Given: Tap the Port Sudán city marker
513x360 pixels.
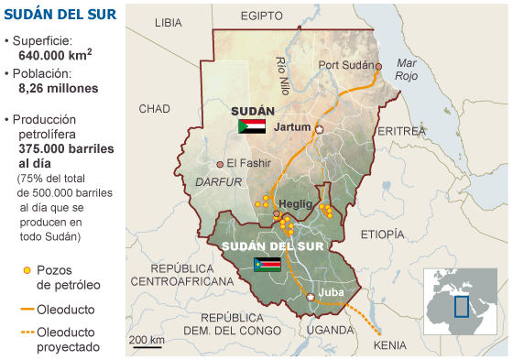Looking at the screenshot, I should coord(378,66).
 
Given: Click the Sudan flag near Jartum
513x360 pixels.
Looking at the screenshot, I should coord(251,126).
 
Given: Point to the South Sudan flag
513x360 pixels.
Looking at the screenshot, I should coord(267,265).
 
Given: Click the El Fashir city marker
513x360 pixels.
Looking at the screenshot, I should coord(220,164).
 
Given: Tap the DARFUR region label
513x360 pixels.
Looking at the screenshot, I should coord(218,181).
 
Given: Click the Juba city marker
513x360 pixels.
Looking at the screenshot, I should coord(311,297).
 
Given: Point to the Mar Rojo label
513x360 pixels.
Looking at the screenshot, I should coord(407,70).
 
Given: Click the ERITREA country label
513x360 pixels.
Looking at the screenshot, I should coord(402,132).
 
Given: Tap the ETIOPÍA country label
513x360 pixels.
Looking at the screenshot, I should coord(382,235).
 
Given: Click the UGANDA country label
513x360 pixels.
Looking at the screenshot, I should coord(329,330).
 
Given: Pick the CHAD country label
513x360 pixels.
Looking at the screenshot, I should coord(154,109).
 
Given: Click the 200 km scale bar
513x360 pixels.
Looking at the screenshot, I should coord(146,346).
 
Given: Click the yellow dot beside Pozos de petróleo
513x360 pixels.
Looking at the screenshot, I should coord(27,270).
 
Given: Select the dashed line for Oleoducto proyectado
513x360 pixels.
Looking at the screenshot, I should coord(26,333).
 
